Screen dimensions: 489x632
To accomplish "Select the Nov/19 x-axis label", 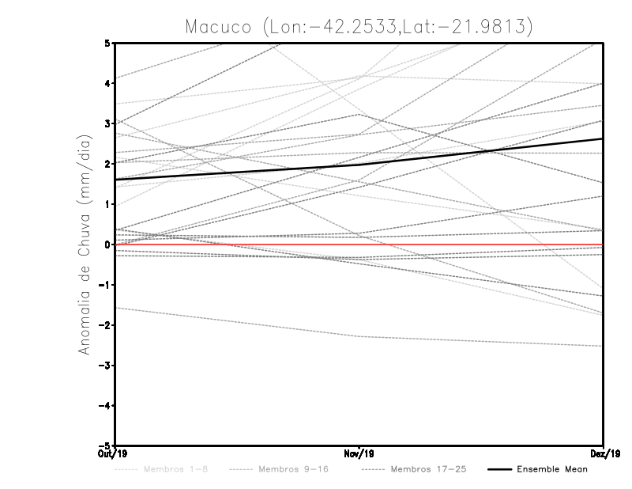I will (x=359, y=454).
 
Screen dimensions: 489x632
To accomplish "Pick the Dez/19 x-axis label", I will (x=602, y=454).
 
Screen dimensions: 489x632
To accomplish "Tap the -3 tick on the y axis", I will (x=106, y=366).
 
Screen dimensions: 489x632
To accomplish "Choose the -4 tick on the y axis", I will (x=106, y=406).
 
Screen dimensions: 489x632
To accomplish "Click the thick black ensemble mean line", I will (x=237, y=172).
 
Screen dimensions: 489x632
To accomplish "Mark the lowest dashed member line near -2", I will (x=237, y=322).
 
